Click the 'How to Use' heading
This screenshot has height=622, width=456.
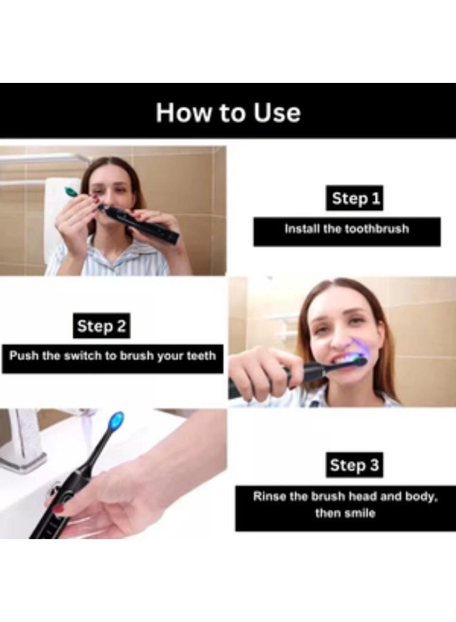(228, 112)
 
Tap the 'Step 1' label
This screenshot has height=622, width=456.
(355, 199)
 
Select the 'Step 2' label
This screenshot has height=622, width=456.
(102, 326)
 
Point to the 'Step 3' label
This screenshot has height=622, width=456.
(354, 465)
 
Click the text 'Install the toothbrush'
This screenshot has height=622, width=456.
(346, 229)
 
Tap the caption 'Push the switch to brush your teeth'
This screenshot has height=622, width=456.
(113, 357)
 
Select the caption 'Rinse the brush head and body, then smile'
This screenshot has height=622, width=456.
(345, 505)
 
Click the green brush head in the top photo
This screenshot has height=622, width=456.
(70, 192)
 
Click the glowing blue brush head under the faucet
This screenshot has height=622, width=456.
(117, 420)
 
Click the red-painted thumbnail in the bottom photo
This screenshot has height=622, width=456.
(59, 509)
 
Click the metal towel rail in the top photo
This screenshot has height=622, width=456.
(41, 159)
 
